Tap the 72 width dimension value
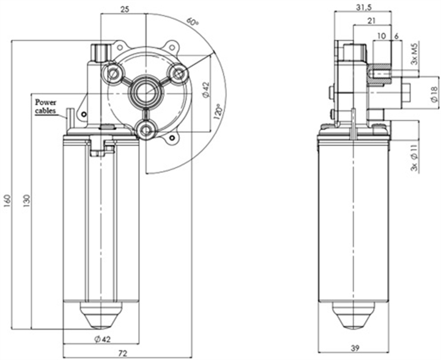(x=122, y=353)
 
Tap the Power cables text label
(x=46, y=106)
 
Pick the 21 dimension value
(x=371, y=21)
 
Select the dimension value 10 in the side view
(x=381, y=36)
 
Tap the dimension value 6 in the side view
(x=396, y=36)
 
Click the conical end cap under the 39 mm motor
(x=355, y=315)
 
